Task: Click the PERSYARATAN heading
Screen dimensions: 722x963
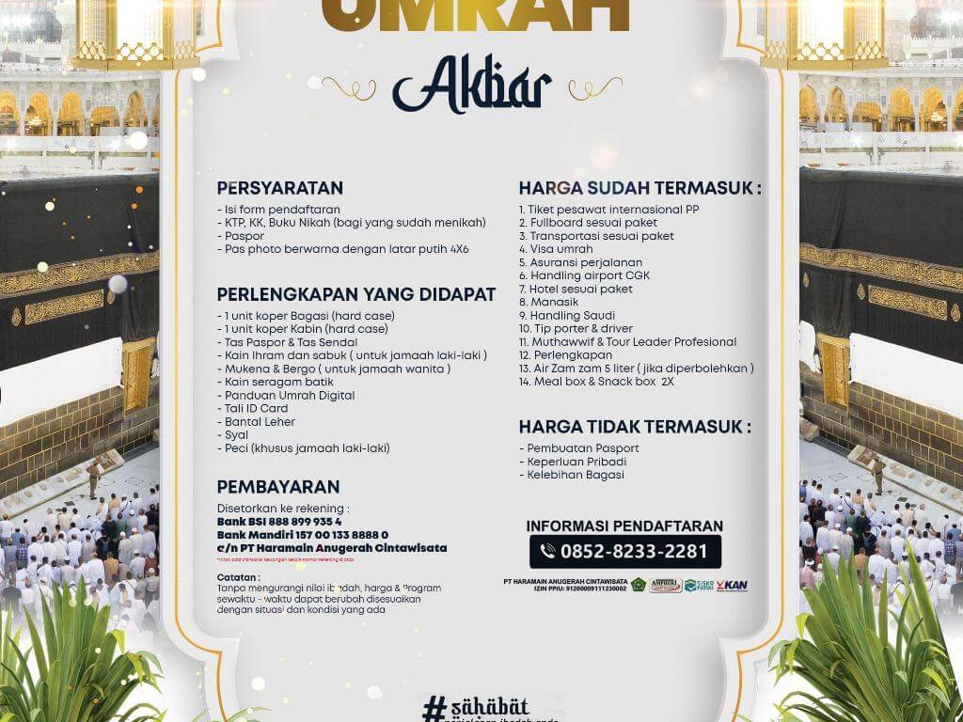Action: click(x=279, y=187)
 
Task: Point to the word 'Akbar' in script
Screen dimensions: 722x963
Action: click(x=471, y=89)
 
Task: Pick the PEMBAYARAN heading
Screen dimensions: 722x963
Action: click(x=277, y=487)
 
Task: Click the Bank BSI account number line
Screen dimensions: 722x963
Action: click(x=279, y=521)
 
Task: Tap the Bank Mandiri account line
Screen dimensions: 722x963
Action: click(x=302, y=534)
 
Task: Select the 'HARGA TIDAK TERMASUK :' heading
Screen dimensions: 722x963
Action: click(x=635, y=427)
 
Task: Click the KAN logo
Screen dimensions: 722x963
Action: click(x=731, y=585)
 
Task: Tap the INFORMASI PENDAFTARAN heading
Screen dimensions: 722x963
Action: click(x=624, y=526)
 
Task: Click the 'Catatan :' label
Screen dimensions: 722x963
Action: click(x=237, y=576)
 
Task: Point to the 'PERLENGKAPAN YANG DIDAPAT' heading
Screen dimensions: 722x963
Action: click(x=355, y=294)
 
